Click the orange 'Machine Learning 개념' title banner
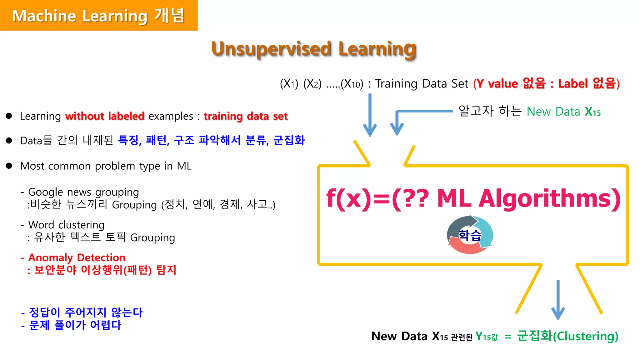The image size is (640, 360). click(x=98, y=15)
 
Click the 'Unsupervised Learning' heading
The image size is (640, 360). click(x=314, y=49)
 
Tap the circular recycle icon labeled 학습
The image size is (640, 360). click(x=470, y=235)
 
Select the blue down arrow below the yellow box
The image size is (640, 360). click(x=558, y=300)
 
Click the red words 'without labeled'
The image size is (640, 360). click(x=105, y=116)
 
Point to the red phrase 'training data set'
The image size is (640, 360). click(x=246, y=116)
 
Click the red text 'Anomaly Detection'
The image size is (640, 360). click(x=77, y=257)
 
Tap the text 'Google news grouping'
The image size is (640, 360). click(x=83, y=192)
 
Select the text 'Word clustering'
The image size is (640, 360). click(x=66, y=225)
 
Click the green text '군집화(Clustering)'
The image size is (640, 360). click(x=567, y=336)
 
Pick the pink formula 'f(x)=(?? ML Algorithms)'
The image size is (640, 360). click(x=473, y=198)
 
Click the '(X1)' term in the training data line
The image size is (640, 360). click(x=289, y=84)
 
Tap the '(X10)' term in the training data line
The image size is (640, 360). click(x=352, y=84)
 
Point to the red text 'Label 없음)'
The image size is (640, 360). click(x=589, y=83)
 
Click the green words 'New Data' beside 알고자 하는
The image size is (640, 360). click(x=553, y=112)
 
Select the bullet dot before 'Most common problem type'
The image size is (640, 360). click(x=9, y=166)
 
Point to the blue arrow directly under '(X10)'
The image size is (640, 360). click(x=370, y=116)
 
